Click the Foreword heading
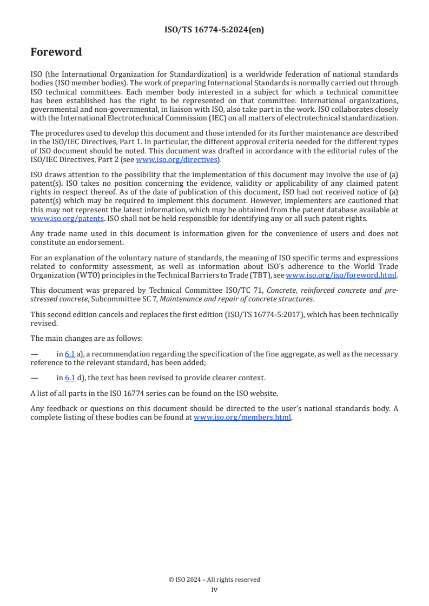(x=56, y=52)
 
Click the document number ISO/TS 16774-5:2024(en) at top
(x=214, y=30)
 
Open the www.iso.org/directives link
(x=176, y=159)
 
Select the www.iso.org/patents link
(x=51, y=219)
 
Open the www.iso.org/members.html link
(x=242, y=418)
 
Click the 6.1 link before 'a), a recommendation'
(x=70, y=354)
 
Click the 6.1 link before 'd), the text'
(x=70, y=378)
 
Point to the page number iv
(x=214, y=590)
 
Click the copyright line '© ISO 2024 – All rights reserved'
(x=214, y=580)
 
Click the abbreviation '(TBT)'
(x=260, y=275)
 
